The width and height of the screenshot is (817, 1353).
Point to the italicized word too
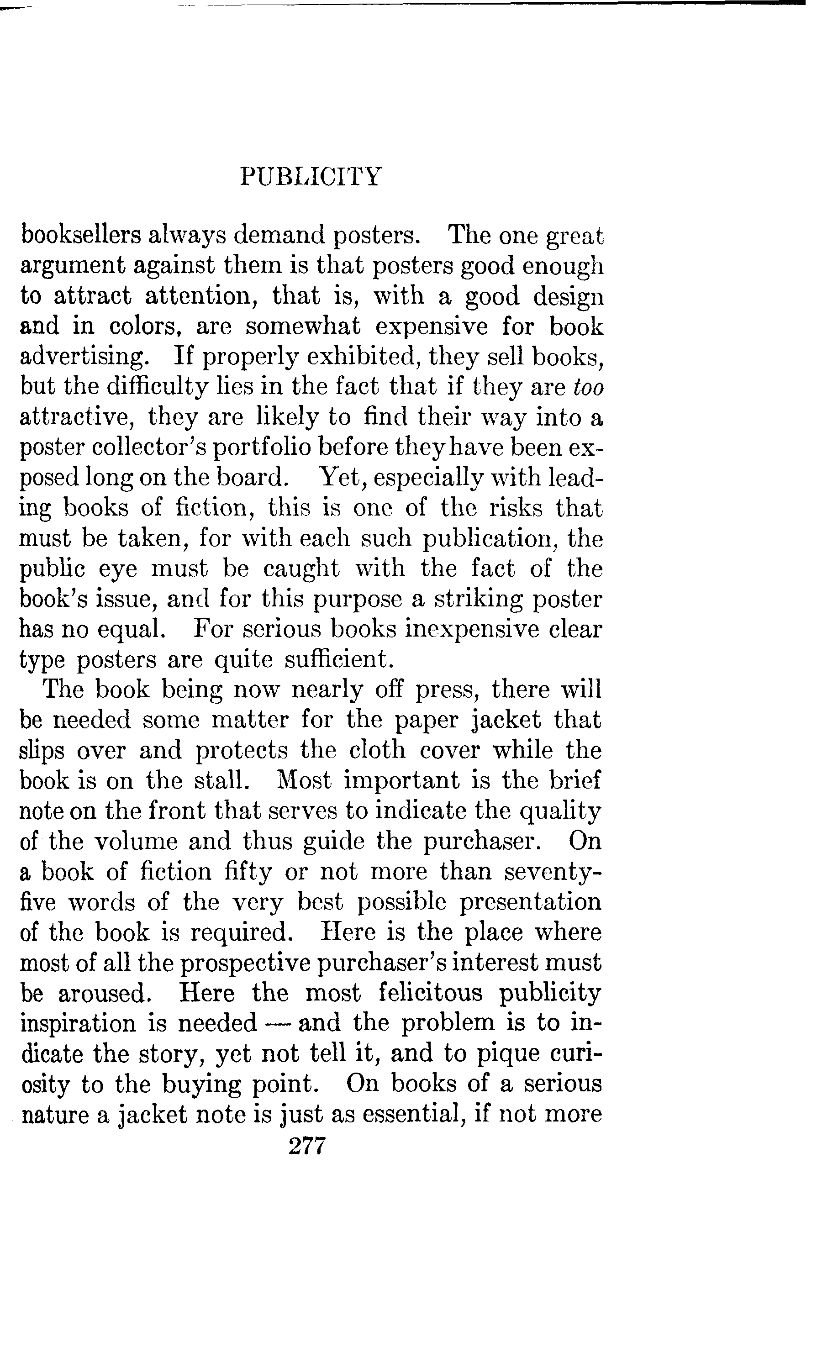click(588, 388)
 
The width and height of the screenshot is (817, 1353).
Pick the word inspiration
click(79, 1023)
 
